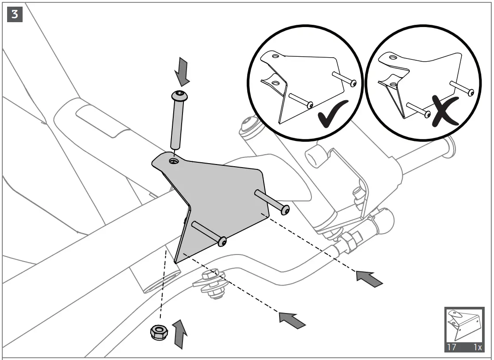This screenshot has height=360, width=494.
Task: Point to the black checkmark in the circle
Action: coord(333,114)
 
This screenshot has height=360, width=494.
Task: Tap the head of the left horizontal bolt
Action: coord(223,242)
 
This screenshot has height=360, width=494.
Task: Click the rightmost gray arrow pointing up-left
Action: coord(369,278)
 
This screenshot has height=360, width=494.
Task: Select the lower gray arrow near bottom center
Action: coord(292,319)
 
